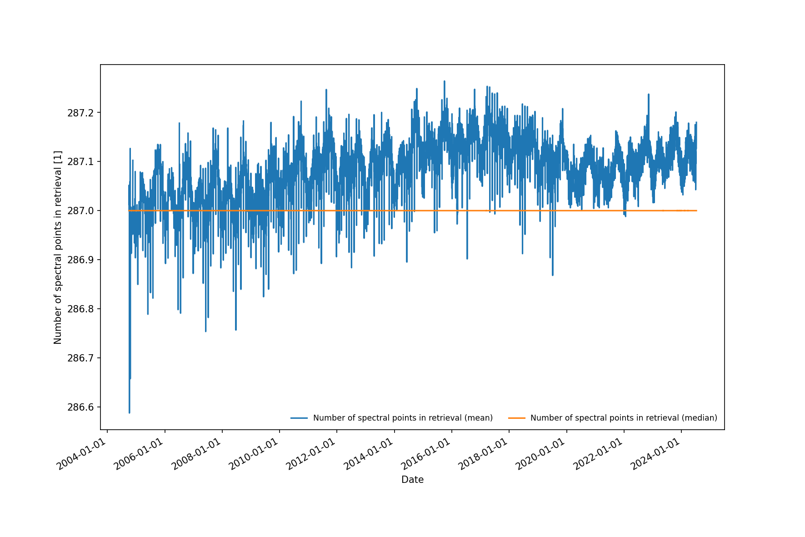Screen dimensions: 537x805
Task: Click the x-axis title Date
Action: pos(412,480)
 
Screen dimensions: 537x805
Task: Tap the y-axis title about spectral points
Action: pos(58,247)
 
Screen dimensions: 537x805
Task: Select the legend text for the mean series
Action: pos(403,418)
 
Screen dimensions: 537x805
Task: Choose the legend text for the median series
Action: pos(624,418)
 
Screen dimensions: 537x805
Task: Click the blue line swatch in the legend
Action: pos(299,418)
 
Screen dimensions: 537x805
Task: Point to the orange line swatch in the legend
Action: pos(516,418)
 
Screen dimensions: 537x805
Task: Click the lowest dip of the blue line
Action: pos(130,412)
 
